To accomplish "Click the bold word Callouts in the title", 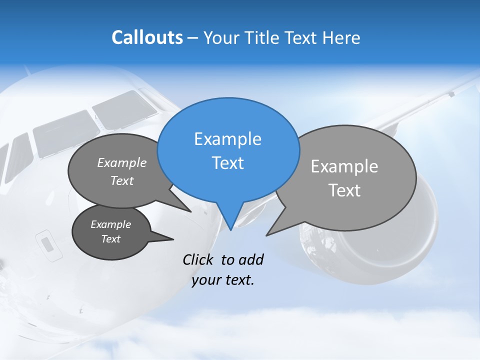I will point(147,37).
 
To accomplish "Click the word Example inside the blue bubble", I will point(227,139).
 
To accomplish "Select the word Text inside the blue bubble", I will point(227,163).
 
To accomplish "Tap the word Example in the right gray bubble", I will point(344,166).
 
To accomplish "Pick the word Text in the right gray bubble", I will point(344,190).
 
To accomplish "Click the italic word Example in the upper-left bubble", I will point(121,162).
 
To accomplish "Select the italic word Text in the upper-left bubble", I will point(121,180).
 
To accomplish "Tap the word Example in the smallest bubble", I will point(110,224).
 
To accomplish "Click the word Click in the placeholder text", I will point(198,259).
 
